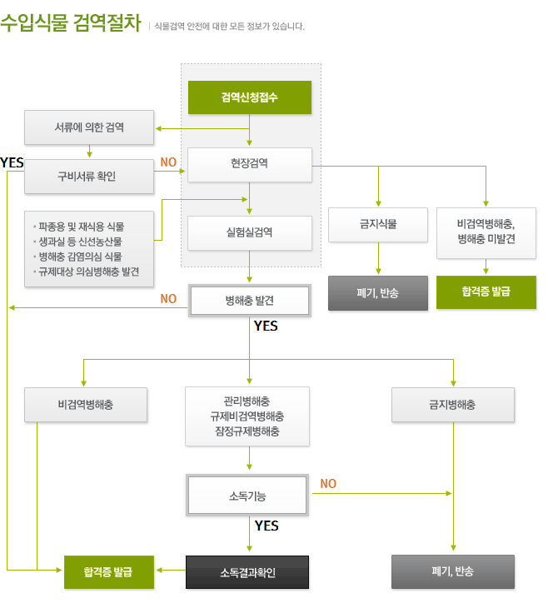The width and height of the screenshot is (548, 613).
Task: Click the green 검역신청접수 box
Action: [x=250, y=97]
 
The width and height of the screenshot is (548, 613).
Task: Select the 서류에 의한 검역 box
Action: [x=89, y=127]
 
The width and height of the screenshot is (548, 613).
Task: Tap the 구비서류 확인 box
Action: [x=89, y=177]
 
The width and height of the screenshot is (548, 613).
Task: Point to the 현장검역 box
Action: [x=250, y=165]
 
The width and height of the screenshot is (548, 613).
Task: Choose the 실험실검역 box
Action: [x=250, y=233]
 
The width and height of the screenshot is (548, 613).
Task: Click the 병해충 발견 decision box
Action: [x=250, y=301]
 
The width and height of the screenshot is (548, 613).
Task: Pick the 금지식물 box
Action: [x=378, y=225]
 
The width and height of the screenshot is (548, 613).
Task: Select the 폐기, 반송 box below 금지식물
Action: [x=378, y=293]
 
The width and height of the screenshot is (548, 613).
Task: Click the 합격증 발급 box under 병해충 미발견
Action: [x=486, y=292]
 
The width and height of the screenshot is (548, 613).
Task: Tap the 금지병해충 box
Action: [x=453, y=405]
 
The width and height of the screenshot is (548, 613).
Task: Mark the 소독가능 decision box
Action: [x=247, y=496]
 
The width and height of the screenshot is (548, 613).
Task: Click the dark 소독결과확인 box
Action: [x=247, y=572]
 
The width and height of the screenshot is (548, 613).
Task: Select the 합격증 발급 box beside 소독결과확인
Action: [x=109, y=572]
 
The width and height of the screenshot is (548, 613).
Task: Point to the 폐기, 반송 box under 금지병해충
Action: [x=453, y=571]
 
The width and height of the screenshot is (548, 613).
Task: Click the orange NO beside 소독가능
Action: [x=328, y=484]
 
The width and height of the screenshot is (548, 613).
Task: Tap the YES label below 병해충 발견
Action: [x=266, y=326]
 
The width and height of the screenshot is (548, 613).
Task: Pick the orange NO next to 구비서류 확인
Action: [x=168, y=162]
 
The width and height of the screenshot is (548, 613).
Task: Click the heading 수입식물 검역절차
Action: [x=70, y=22]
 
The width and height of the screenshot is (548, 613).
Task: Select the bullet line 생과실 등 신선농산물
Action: [x=80, y=242]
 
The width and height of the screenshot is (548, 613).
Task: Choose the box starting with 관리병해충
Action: [x=247, y=416]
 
